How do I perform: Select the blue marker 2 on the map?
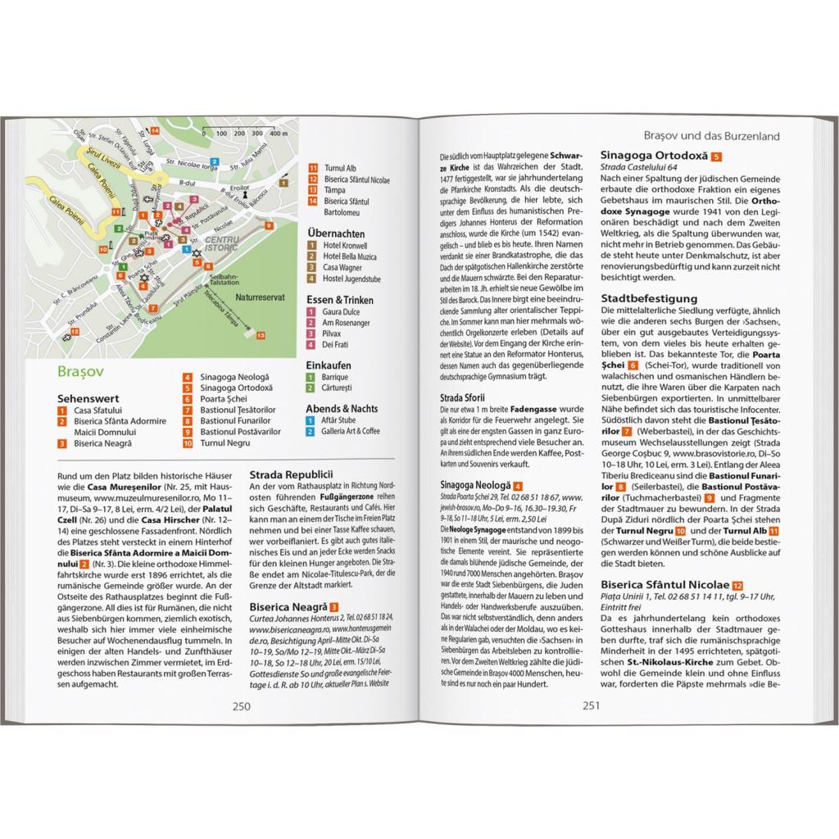click(x=187, y=247)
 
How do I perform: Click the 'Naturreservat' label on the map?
click(x=258, y=299)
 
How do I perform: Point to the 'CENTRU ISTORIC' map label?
click(x=222, y=242)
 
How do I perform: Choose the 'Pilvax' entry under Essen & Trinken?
click(x=333, y=333)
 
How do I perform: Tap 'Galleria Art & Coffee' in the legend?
click(x=351, y=430)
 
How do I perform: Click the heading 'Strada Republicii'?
click(x=291, y=474)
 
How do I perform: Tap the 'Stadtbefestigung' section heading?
click(x=649, y=298)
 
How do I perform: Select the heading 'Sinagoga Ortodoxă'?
click(x=654, y=156)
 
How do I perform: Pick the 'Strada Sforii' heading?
click(x=464, y=397)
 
